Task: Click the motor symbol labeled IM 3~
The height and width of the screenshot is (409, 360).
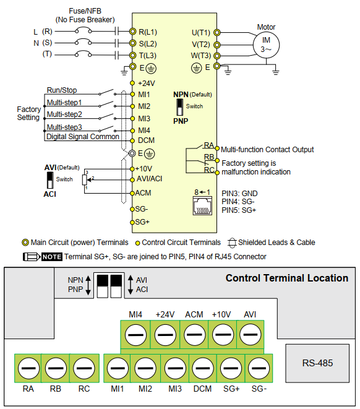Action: point(267,43)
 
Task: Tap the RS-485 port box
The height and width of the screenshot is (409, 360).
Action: point(317,363)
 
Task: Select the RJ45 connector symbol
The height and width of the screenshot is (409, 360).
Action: point(202,207)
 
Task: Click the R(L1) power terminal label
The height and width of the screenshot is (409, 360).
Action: point(147,32)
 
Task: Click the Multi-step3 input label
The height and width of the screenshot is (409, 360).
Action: point(64,127)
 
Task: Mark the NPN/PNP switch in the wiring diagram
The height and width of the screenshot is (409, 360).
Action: point(181,107)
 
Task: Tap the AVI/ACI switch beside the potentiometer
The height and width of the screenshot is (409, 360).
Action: point(50,180)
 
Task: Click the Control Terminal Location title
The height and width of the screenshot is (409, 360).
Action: point(286,278)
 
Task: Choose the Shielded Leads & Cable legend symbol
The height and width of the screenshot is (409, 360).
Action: point(233,243)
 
